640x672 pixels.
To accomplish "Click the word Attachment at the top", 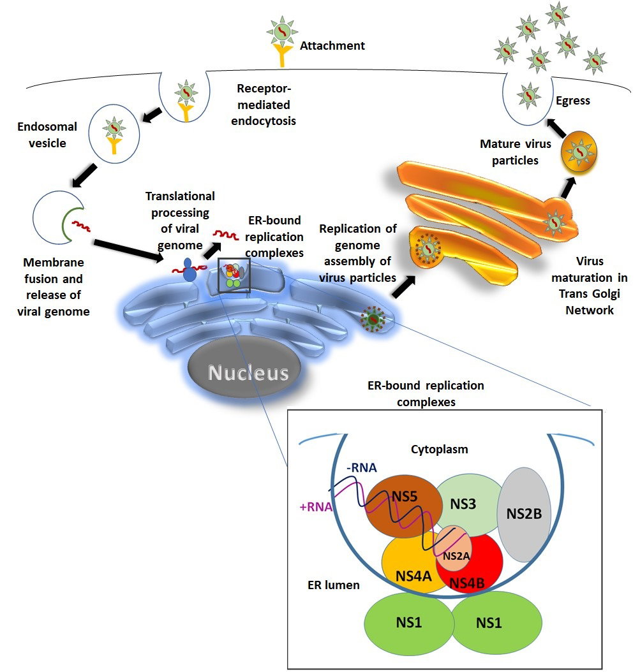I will [x=332, y=45].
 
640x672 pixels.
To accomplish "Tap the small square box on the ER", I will [x=234, y=275].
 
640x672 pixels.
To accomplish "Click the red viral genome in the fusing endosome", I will [x=82, y=225].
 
